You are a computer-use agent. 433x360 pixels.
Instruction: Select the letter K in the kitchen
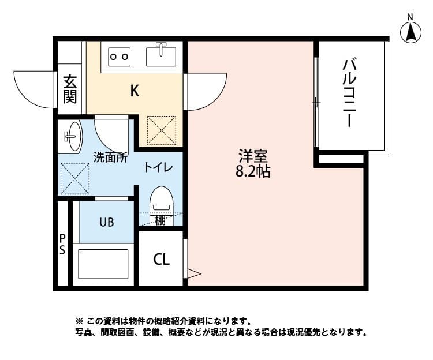134,91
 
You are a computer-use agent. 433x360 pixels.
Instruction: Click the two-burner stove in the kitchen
119,57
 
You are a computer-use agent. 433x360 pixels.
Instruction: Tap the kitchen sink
162,55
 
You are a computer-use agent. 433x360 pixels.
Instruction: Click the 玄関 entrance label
70,89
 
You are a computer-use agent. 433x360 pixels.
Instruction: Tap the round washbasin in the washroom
72,137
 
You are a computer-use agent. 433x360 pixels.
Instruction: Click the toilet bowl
160,202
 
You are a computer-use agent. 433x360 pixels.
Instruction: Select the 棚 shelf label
160,220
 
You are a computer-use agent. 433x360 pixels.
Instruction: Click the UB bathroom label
106,222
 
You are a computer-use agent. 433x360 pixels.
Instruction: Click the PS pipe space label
62,245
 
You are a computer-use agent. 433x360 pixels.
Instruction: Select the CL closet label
161,260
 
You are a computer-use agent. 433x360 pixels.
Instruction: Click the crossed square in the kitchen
161,129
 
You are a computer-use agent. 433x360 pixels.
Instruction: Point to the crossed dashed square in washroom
75,178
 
